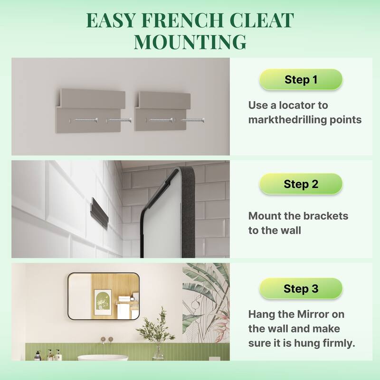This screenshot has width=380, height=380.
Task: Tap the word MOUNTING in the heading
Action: [x=190, y=42]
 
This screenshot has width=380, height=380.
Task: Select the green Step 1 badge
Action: [x=301, y=79]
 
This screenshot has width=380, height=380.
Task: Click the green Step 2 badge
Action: [x=301, y=184]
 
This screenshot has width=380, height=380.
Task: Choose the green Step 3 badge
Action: [x=301, y=288]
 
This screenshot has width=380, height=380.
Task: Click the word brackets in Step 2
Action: [x=325, y=216]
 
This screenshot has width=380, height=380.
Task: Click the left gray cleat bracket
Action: [x=90, y=111]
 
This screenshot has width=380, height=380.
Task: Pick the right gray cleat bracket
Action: [x=162, y=111]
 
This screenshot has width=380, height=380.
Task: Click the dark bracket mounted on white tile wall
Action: [x=99, y=212]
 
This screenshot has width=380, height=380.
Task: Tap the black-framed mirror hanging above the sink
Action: [x=104, y=296]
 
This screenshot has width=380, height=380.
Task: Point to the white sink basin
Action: [x=103, y=358]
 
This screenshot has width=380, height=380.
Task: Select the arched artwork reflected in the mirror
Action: [x=103, y=302]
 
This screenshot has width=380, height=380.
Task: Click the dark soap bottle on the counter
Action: [x=38, y=355]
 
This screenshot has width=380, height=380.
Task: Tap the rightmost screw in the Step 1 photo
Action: [x=193, y=120]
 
